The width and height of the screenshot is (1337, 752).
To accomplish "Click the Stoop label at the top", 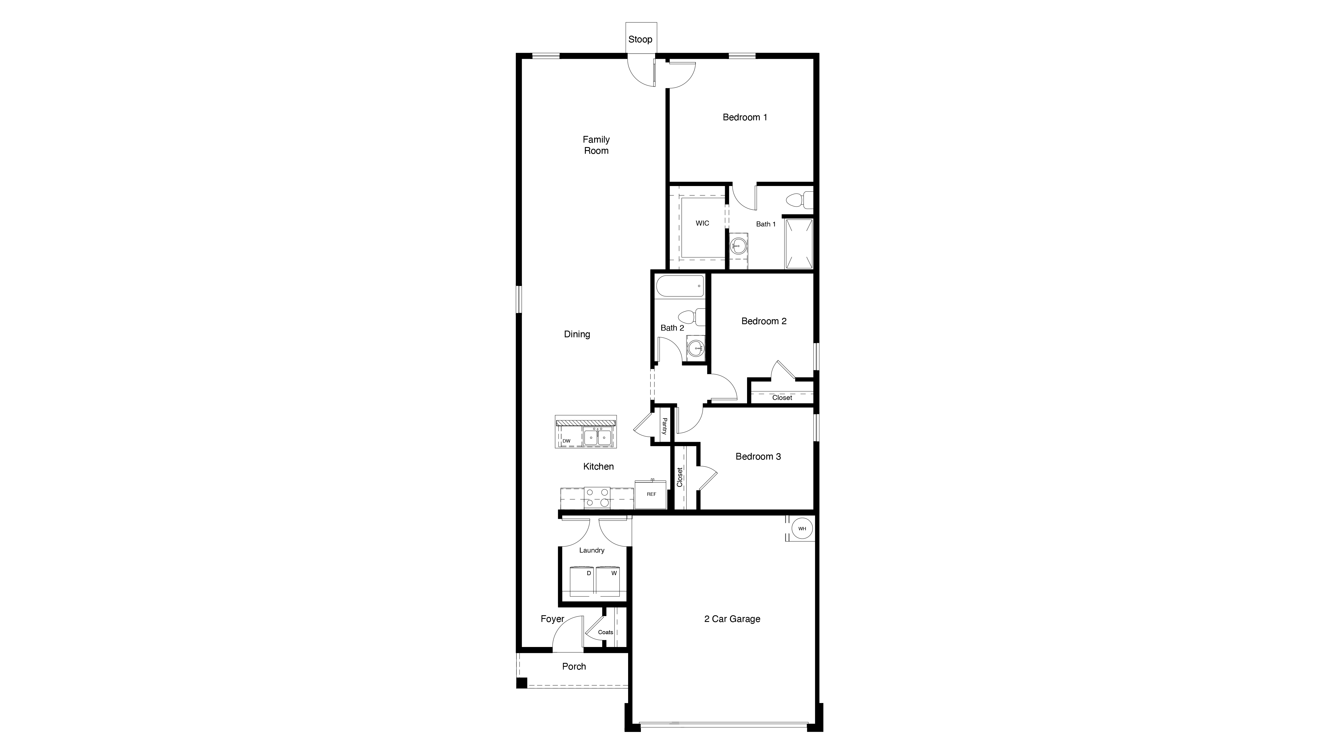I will pyautogui.click(x=640, y=40).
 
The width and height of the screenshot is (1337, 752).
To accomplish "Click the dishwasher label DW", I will pyautogui.click(x=566, y=441).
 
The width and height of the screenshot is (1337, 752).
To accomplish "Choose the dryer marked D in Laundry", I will pyautogui.click(x=582, y=581).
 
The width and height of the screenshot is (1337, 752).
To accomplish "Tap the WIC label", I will pyautogui.click(x=702, y=223).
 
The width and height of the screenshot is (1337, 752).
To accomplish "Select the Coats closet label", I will pyautogui.click(x=605, y=632).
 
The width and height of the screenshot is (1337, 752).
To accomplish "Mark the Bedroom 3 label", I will pyautogui.click(x=758, y=457).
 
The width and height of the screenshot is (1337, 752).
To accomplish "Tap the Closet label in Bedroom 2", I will pyautogui.click(x=782, y=397).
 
